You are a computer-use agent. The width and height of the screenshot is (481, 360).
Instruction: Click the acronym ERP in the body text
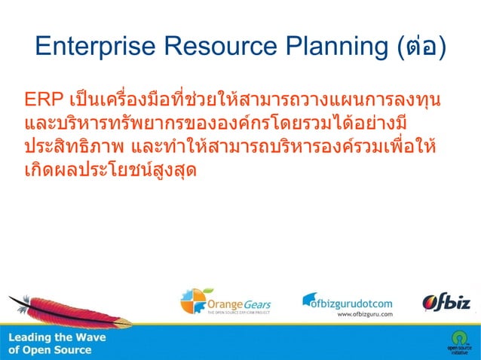43,100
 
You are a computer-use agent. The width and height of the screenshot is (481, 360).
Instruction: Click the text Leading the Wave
57,337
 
